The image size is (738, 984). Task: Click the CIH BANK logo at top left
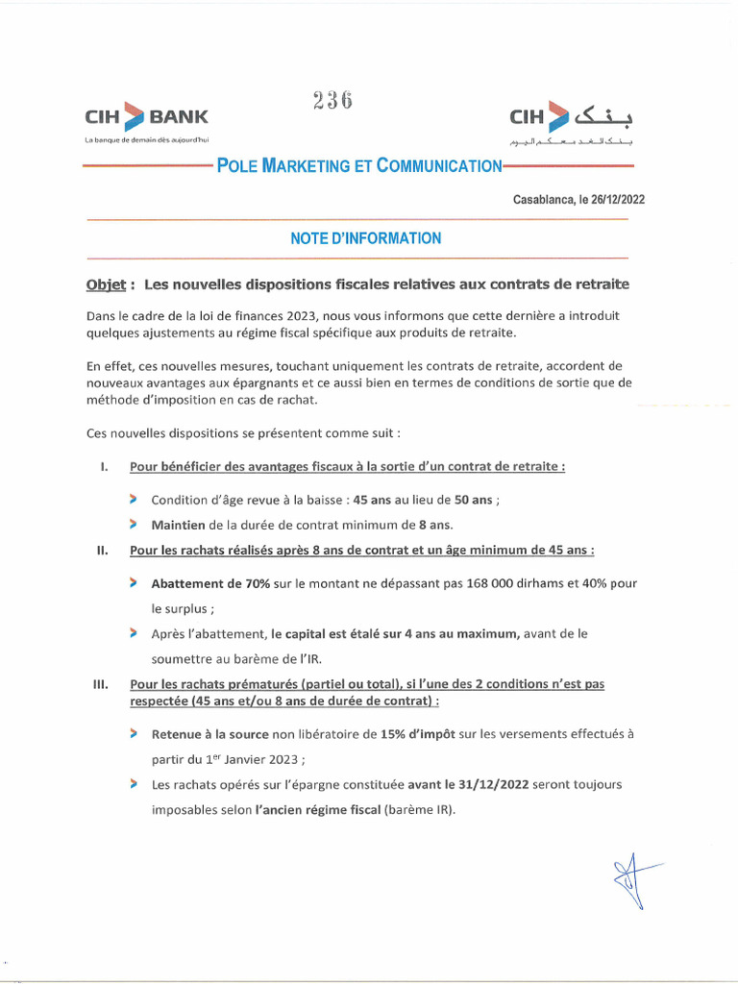(x=146, y=118)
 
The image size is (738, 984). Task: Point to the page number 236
(x=332, y=100)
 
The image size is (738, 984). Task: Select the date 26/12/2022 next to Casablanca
(x=614, y=200)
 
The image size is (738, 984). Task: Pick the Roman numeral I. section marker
(x=102, y=467)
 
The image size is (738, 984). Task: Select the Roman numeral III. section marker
(x=99, y=684)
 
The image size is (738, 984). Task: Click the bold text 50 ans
(x=476, y=500)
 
